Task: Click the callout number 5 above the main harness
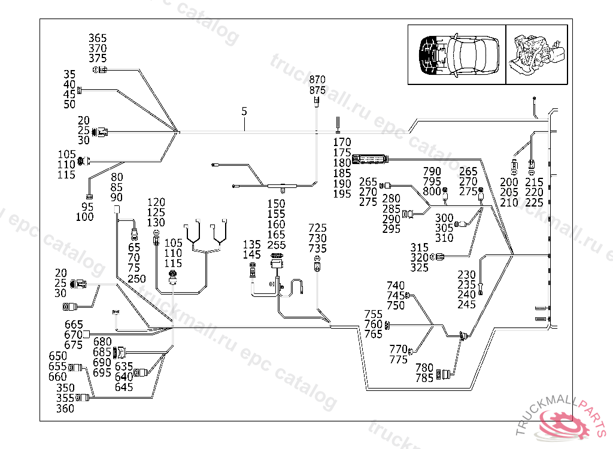(244, 111)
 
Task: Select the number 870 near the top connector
(317, 80)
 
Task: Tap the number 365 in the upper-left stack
(98, 38)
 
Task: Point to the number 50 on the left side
(70, 105)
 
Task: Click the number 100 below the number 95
(85, 217)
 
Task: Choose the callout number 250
(137, 279)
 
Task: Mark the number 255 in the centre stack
(277, 245)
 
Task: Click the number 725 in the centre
(318, 228)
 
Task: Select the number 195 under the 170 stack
(342, 194)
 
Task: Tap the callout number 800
(431, 192)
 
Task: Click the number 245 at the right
(467, 305)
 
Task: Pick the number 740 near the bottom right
(396, 286)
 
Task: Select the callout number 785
(424, 378)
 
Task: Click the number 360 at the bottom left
(65, 409)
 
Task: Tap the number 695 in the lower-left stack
(102, 373)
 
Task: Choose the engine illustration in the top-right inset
(536, 55)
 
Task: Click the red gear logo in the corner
(565, 422)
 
